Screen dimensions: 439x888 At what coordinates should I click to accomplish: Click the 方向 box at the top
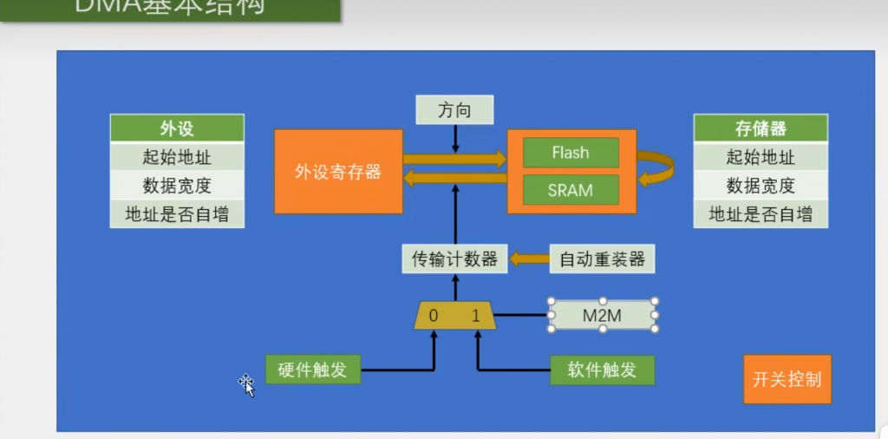pyautogui.click(x=454, y=110)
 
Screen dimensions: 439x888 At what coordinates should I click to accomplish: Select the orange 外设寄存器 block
pyautogui.click(x=338, y=172)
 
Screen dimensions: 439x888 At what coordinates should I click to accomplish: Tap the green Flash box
pyautogui.click(x=571, y=153)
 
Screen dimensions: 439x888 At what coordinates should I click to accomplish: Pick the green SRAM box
pyautogui.click(x=571, y=190)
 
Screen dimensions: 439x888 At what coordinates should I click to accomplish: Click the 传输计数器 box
pyautogui.click(x=454, y=259)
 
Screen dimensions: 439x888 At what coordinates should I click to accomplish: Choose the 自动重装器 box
pyautogui.click(x=602, y=259)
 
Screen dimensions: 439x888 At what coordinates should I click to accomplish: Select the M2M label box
pyautogui.click(x=602, y=316)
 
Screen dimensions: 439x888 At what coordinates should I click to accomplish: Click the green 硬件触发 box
pyautogui.click(x=312, y=370)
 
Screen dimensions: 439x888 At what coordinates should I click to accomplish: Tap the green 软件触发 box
pyautogui.click(x=602, y=370)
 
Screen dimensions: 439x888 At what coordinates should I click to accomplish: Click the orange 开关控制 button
pyautogui.click(x=787, y=379)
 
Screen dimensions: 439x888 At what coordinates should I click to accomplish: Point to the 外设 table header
pyautogui.click(x=177, y=128)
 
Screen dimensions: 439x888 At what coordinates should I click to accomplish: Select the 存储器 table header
pyautogui.click(x=761, y=128)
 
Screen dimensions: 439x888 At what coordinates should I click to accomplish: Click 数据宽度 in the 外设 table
pyautogui.click(x=177, y=186)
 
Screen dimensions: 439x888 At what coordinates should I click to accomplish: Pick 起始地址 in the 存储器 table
pyautogui.click(x=761, y=158)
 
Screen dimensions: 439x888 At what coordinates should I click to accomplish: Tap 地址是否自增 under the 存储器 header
pyautogui.click(x=761, y=214)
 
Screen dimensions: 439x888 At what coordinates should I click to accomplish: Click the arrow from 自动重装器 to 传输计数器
pyautogui.click(x=527, y=259)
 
